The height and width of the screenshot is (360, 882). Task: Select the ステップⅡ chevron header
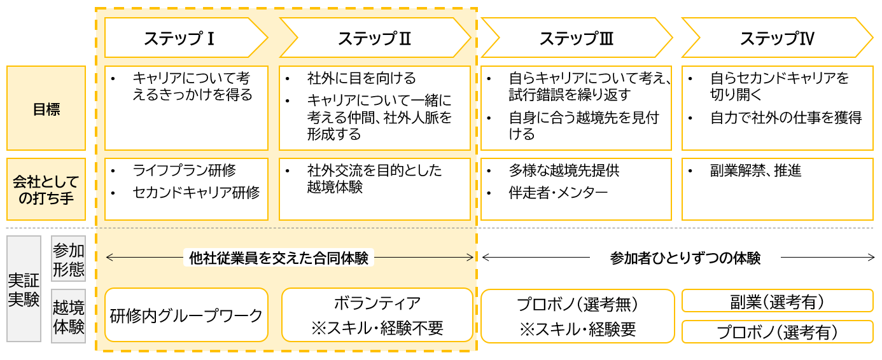(x=374, y=38)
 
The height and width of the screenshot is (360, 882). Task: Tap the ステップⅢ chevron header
(x=576, y=38)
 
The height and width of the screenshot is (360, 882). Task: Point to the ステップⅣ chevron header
(x=776, y=38)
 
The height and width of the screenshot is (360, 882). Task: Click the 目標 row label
(x=46, y=108)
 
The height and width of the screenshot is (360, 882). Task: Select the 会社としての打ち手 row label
(x=46, y=189)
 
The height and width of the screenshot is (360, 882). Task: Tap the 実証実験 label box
(x=24, y=289)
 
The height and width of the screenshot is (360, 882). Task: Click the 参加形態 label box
(x=68, y=259)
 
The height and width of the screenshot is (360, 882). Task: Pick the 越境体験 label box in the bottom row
(x=68, y=317)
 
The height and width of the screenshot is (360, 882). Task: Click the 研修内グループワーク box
(x=186, y=315)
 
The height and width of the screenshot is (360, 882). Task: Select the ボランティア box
(x=377, y=315)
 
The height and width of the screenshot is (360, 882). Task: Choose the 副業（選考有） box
(x=777, y=301)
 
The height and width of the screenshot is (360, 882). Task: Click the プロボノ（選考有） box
(x=777, y=332)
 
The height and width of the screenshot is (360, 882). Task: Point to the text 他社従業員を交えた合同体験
(x=279, y=258)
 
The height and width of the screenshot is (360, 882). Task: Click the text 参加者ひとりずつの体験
(x=685, y=258)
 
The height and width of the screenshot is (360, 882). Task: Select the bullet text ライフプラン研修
(x=184, y=170)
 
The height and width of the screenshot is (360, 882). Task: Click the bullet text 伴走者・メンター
(x=558, y=192)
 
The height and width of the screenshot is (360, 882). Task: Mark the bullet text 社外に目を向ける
(x=361, y=78)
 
